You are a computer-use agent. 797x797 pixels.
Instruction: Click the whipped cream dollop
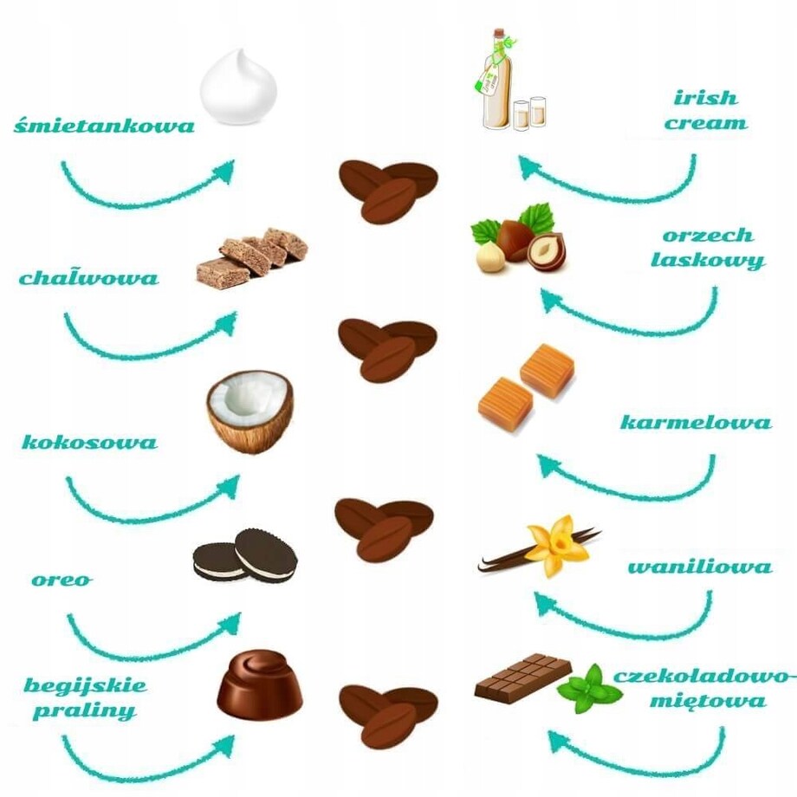[238, 88]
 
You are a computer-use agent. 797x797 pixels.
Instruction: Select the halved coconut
[249, 411]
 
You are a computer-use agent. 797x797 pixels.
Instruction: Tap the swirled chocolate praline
[259, 686]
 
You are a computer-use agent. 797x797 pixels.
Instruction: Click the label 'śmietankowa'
[104, 126]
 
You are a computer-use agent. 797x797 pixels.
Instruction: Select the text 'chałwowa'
[89, 278]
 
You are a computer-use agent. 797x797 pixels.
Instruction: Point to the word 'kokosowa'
[90, 442]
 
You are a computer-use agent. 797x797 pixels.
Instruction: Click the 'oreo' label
[62, 580]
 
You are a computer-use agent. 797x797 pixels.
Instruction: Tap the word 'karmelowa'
[695, 423]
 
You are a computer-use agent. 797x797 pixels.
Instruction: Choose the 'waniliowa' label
[699, 567]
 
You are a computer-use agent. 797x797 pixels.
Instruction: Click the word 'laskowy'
[708, 260]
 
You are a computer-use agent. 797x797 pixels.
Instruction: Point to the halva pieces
[251, 256]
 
